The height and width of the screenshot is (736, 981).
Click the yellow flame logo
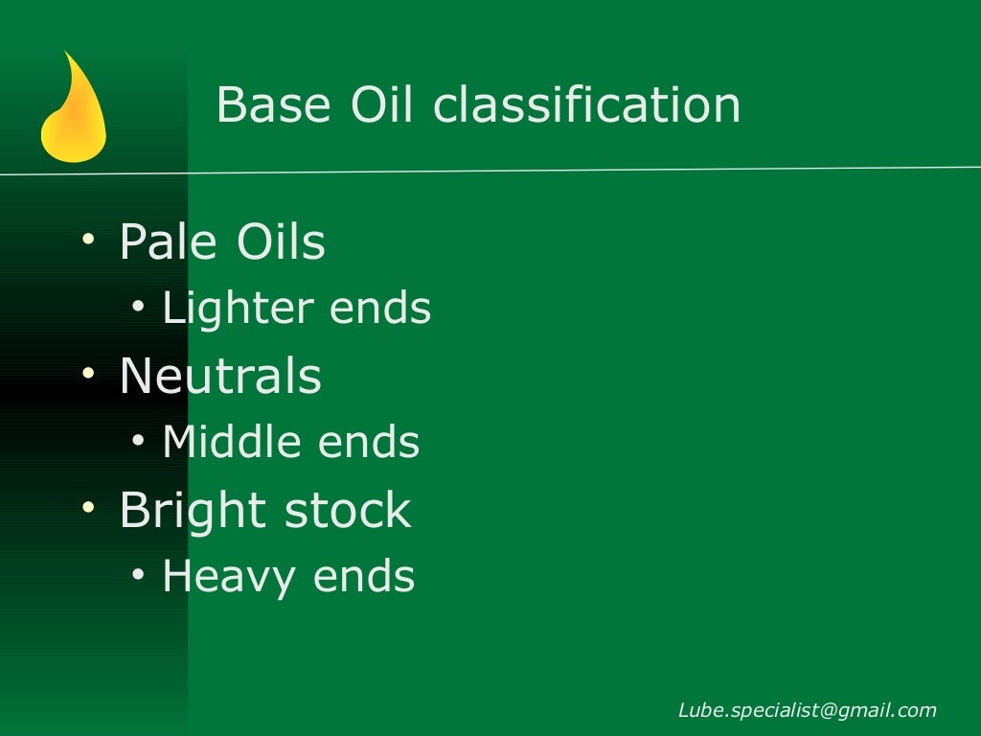click(x=73, y=110)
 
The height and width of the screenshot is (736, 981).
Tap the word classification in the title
click(x=586, y=104)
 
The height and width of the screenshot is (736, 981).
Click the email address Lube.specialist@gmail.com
click(x=807, y=710)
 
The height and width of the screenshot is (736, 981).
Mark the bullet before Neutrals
click(x=89, y=374)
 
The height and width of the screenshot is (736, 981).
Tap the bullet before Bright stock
click(x=89, y=507)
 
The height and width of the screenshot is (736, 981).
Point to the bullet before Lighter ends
click(x=140, y=307)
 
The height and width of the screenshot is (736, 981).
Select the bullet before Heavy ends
click(x=140, y=575)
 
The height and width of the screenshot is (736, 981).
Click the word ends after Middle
click(x=369, y=442)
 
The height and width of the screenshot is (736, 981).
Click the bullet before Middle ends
click(x=140, y=441)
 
